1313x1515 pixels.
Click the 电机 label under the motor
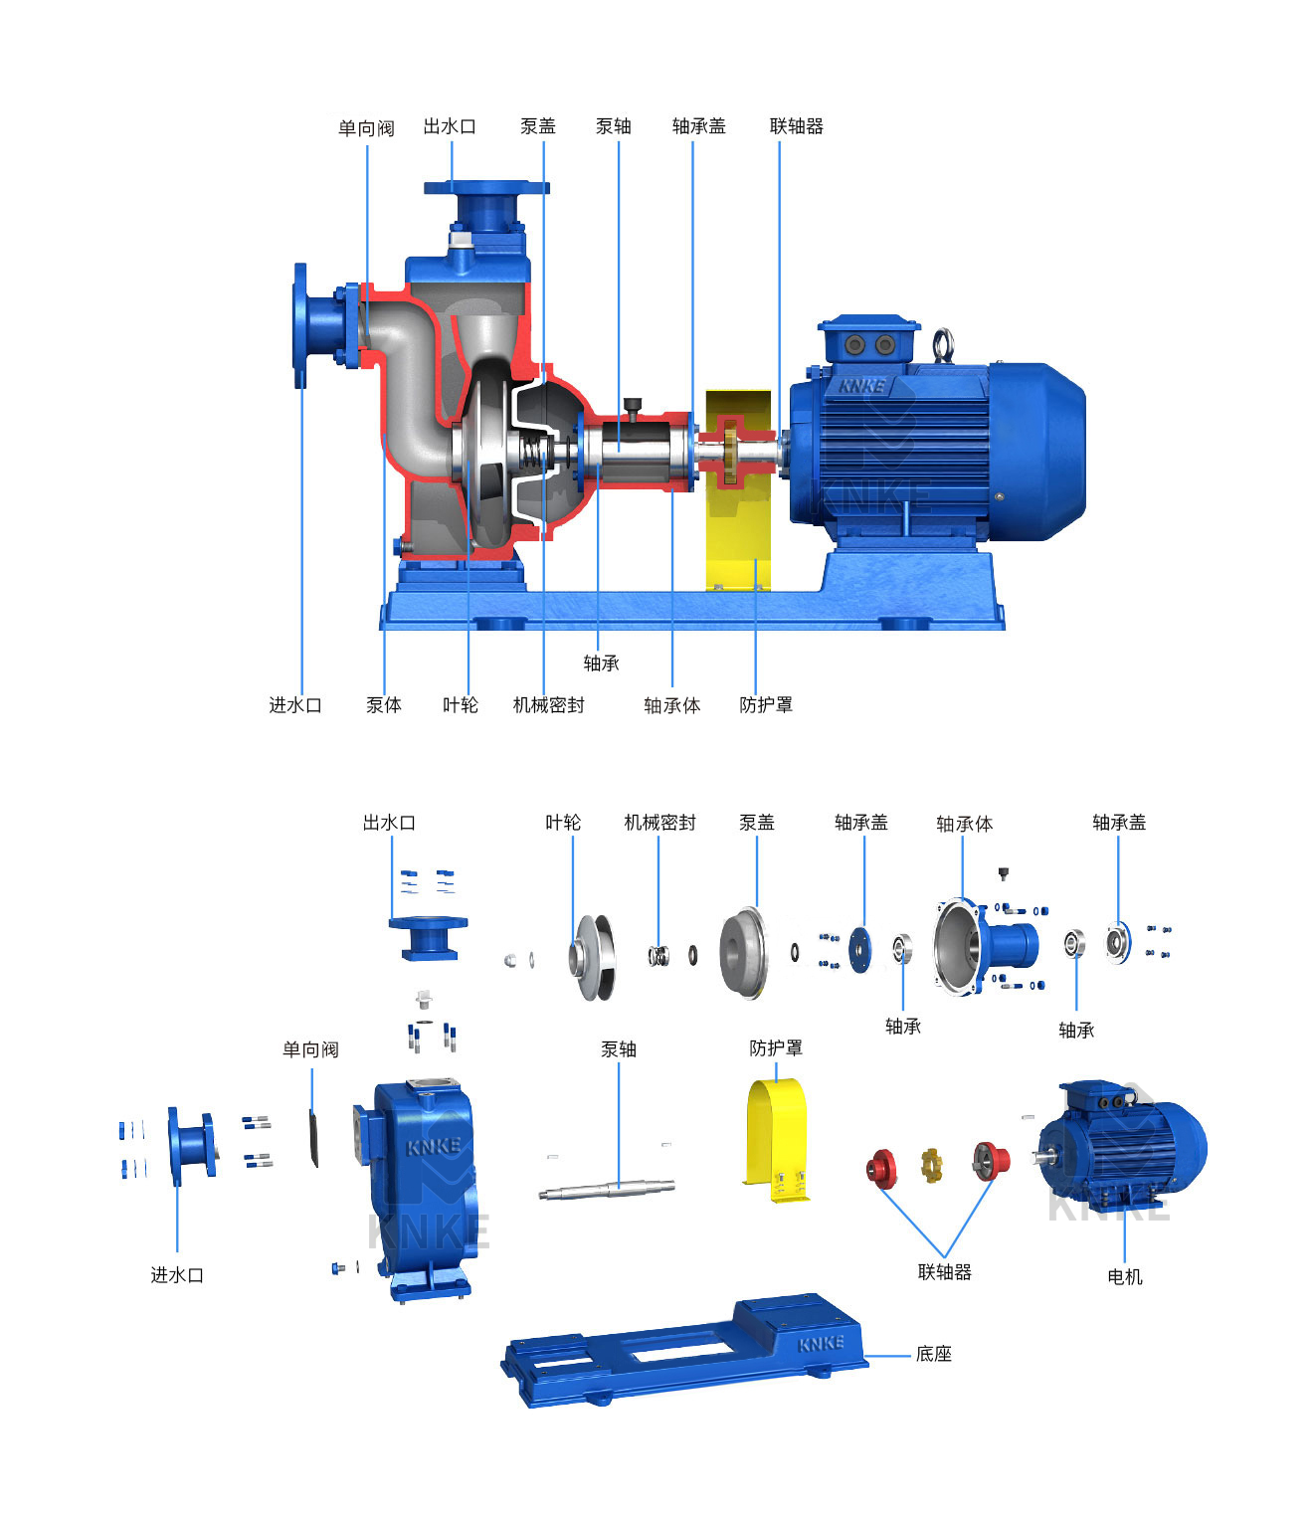1125,1277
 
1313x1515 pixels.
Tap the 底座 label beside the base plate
933,1354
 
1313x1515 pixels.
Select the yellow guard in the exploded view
777,1140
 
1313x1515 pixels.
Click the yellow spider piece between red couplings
932,1165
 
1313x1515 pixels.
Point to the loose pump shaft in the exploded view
607,1189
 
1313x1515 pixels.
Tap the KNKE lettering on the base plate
821,1343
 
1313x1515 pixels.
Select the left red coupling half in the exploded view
881,1169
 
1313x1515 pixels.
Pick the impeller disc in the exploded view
593,957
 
